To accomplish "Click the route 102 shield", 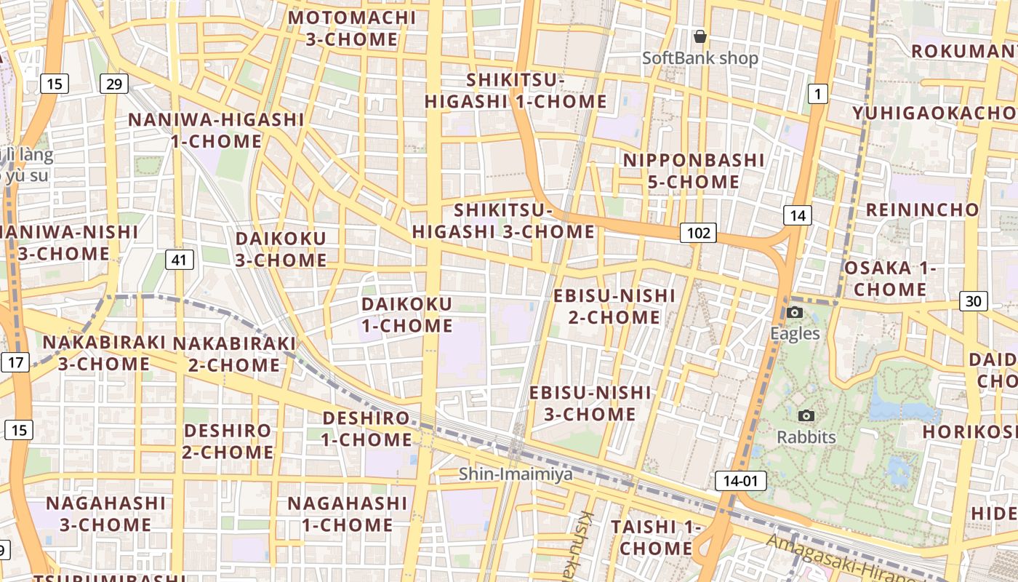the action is click(698, 233).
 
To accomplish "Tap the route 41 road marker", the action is click(179, 259).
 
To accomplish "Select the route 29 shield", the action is click(114, 84).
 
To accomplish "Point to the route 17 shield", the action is click(16, 362).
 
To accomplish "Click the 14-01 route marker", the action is click(741, 480).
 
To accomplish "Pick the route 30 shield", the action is click(974, 300).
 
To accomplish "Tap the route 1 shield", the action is click(818, 93).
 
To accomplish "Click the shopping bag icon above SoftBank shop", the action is click(700, 36).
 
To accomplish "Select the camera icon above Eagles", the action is click(795, 313).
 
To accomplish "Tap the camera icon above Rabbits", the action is click(806, 416).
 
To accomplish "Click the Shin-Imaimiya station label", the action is click(516, 474).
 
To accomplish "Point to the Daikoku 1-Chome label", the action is click(407, 314).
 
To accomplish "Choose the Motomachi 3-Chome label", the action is click(352, 28).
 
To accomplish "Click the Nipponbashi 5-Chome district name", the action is click(684, 170).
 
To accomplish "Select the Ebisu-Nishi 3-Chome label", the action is click(590, 403).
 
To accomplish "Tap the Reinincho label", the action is click(922, 210).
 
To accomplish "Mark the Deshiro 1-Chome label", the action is click(366, 428).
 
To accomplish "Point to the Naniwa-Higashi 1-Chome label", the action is click(216, 130).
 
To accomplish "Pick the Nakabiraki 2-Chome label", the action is click(234, 354).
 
